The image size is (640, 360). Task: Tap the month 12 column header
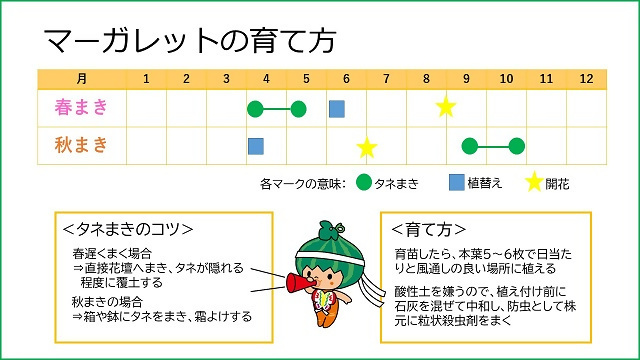587,78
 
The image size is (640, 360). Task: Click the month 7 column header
386,78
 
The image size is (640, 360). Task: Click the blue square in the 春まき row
337,108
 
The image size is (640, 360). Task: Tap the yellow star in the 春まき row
446,106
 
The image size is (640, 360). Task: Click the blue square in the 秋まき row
256,146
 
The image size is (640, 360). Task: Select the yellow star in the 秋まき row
367,148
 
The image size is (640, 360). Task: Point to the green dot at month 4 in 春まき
256,108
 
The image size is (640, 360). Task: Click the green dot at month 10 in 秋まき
516,146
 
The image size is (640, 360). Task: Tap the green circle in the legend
364,183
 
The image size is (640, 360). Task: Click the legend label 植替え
485,183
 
